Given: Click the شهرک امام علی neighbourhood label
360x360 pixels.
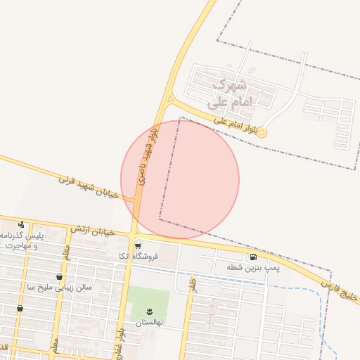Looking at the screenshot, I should (229, 94).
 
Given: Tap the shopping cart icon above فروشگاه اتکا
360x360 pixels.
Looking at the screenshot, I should (138, 245).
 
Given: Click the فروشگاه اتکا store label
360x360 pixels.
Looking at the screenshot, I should (139, 256).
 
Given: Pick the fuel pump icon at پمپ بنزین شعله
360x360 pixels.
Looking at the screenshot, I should (252, 257).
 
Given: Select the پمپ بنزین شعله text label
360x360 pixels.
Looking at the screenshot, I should (244, 268).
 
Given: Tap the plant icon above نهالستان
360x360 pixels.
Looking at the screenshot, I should (149, 311).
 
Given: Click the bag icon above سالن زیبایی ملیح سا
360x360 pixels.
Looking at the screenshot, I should (58, 277).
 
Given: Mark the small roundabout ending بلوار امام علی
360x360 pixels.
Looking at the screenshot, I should (262, 131).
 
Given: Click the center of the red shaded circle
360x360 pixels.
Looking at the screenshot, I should (180, 179).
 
